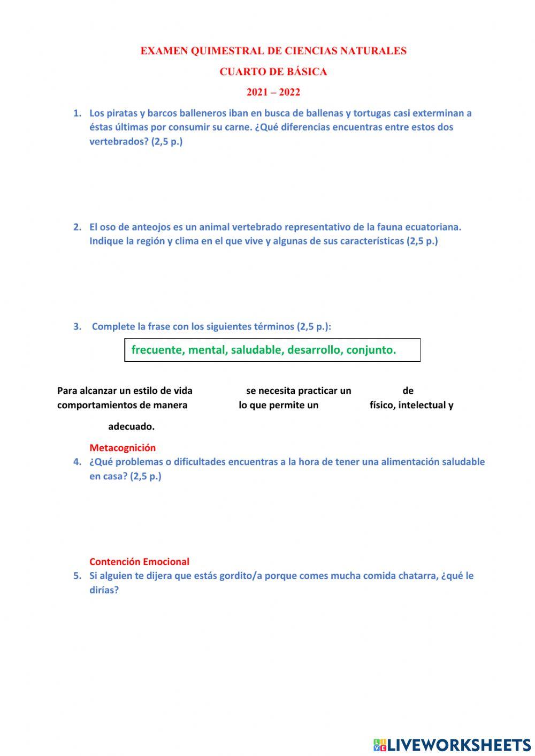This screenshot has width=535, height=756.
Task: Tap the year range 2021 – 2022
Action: (x=273, y=92)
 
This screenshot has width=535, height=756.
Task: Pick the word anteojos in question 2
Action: (x=153, y=227)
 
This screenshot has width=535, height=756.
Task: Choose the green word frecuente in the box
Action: (x=157, y=350)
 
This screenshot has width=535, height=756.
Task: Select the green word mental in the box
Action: (x=208, y=350)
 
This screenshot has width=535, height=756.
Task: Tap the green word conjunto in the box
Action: (x=371, y=350)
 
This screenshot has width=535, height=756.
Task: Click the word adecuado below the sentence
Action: (x=131, y=427)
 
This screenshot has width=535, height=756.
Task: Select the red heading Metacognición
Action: (x=123, y=448)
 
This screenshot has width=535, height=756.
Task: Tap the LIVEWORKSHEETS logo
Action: (x=452, y=745)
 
